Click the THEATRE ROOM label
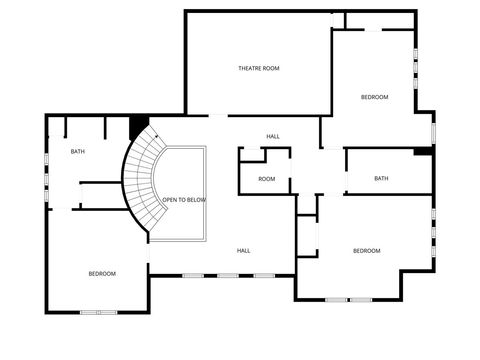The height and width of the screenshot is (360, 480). tap(258, 68)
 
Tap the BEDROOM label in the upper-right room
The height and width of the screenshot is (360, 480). tap(374, 96)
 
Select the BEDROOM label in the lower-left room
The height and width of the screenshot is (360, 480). tap(101, 273)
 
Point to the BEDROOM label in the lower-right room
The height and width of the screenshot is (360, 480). tap(367, 250)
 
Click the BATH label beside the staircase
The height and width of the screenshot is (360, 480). tap(77, 152)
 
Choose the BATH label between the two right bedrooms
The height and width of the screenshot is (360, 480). tap(381, 178)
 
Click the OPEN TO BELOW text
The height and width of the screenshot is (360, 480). tap(184, 200)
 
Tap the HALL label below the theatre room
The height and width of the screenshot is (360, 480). tap(272, 136)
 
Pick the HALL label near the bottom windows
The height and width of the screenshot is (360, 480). tap(243, 250)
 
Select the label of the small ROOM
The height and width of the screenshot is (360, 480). tap(266, 179)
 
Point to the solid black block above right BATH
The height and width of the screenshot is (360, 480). tap(423, 152)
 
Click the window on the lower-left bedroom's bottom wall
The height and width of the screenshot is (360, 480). tap(98, 312)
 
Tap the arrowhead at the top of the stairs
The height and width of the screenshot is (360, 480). tap(158, 133)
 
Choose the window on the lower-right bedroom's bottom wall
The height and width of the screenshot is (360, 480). tap(350, 299)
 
